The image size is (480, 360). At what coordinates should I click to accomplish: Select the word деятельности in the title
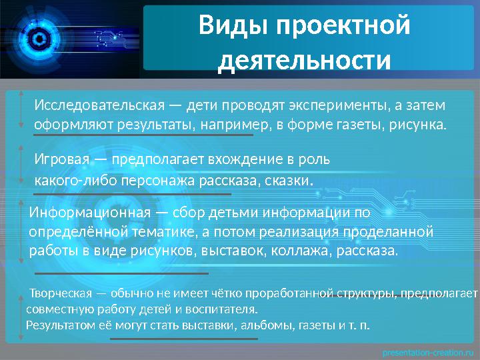click(304, 60)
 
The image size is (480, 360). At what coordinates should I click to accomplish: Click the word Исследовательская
click(99, 107)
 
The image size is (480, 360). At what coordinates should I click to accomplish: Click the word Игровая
click(63, 161)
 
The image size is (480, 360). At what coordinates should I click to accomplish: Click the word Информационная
click(91, 213)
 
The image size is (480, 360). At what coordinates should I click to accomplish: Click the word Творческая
click(63, 293)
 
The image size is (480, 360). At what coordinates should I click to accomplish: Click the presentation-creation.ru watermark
click(427, 351)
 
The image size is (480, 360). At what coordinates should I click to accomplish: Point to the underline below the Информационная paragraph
click(121, 273)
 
